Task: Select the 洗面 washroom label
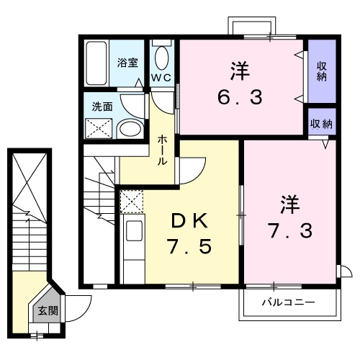coord(102,107)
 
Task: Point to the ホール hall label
coord(163,149)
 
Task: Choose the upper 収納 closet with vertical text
coord(321,71)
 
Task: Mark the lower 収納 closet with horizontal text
coord(321,124)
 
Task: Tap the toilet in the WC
coord(161,57)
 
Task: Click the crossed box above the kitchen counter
coord(132,202)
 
